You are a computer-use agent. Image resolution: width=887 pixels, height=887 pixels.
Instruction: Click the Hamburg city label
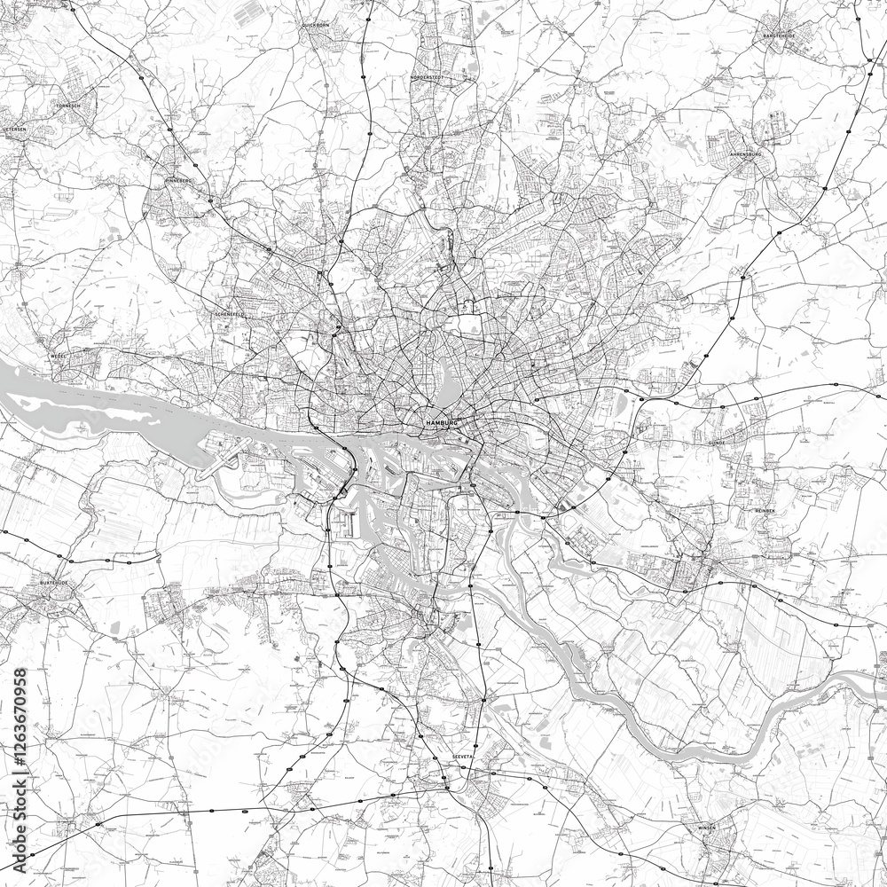click(x=441, y=425)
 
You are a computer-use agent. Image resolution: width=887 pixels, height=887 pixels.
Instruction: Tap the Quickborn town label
click(x=315, y=26)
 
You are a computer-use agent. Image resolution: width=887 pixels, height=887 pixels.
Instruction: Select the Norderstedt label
click(x=427, y=78)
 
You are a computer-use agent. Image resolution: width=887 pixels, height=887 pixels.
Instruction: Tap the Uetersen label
click(x=15, y=129)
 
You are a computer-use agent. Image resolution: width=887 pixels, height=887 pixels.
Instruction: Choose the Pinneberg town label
click(x=178, y=180)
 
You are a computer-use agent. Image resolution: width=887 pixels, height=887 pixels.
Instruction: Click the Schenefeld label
click(x=229, y=314)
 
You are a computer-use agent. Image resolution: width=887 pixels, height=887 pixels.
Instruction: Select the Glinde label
click(x=717, y=441)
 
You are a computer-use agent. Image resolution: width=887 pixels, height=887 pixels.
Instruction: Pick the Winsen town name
click(x=707, y=827)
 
